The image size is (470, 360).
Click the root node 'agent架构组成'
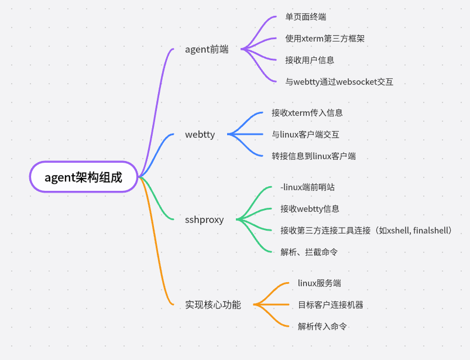pos(84,177)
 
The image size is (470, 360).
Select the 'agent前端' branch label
pos(207,49)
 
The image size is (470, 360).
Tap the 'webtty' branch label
pos(200,135)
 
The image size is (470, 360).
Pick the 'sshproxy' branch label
pos(204,220)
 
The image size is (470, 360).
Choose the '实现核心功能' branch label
pos(213,305)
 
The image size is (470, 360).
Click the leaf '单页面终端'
pos(306,17)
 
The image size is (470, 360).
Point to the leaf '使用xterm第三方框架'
pos(325,39)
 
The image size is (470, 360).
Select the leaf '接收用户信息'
pos(310,60)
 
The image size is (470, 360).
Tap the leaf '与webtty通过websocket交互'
pos(339,82)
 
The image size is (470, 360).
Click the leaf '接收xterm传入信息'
pos(307,113)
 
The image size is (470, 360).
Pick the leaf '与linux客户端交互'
pos(305,135)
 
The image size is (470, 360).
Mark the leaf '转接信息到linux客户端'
pos(314,156)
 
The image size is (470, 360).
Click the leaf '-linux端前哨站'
pos(307,187)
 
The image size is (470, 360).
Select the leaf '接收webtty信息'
pos(310,208)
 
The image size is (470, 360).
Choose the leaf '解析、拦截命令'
pos(308,252)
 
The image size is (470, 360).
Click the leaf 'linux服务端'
pos(319,283)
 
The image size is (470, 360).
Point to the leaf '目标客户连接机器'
pos(330,305)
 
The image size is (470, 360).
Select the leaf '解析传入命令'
pos(323,327)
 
